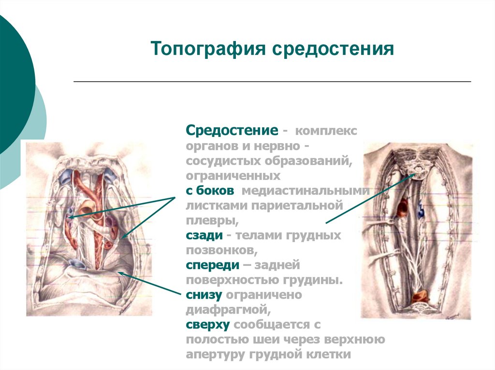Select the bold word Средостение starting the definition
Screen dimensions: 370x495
point(232,131)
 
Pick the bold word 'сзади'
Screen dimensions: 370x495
point(204,235)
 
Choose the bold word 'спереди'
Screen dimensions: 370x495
point(213,265)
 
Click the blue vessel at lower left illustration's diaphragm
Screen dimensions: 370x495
point(78,263)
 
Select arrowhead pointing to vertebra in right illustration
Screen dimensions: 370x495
point(413,176)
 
